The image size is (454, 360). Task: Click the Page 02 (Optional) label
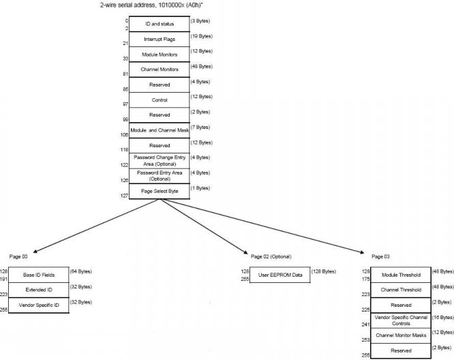[x=271, y=256]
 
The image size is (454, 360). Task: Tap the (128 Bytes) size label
[x=325, y=271]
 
